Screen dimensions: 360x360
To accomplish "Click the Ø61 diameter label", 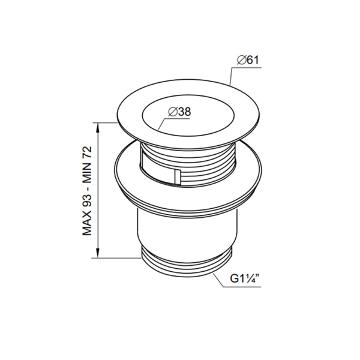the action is pyautogui.click(x=248, y=60).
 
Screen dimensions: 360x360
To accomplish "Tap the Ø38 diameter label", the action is pyautogui.click(x=179, y=112).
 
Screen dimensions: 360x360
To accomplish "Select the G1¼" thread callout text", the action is pyautogui.click(x=245, y=279).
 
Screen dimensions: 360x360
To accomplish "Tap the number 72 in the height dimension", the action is pyautogui.click(x=87, y=152).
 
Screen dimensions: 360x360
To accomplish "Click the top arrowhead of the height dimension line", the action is pyautogui.click(x=98, y=128).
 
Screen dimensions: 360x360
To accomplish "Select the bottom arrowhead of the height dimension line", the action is pyautogui.click(x=98, y=253).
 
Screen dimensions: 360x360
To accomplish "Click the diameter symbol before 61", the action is pyautogui.click(x=242, y=61).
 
